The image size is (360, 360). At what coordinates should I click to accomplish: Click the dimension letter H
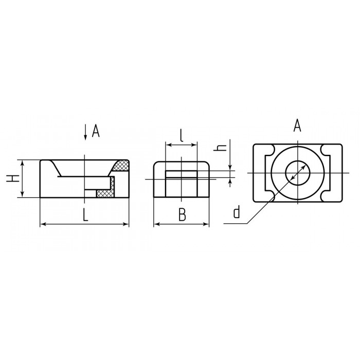pyautogui.click(x=13, y=178)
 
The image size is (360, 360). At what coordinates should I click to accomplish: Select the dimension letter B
pyautogui.click(x=182, y=215)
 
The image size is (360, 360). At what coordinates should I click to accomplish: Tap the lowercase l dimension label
pyautogui.click(x=182, y=135)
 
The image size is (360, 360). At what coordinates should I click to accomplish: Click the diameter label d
pyautogui.click(x=237, y=212)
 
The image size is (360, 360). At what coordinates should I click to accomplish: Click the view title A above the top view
pyautogui.click(x=297, y=125)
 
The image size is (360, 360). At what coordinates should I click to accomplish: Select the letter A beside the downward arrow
pyautogui.click(x=96, y=131)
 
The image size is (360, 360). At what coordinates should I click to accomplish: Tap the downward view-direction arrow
pyautogui.click(x=85, y=132)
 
